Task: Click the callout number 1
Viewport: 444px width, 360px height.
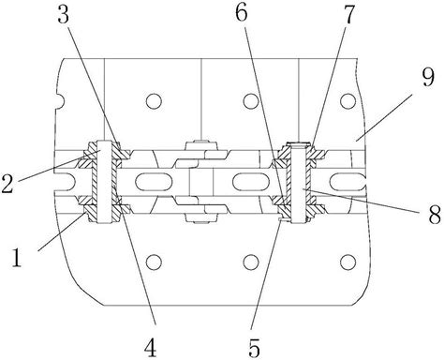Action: pyautogui.click(x=17, y=257)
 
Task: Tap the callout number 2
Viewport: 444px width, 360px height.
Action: pyautogui.click(x=7, y=184)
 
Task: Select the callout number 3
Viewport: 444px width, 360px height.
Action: pyautogui.click(x=63, y=14)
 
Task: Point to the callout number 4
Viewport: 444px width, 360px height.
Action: pyautogui.click(x=150, y=347)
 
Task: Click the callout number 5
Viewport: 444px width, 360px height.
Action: pyautogui.click(x=254, y=347)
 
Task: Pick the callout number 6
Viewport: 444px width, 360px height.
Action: pyautogui.click(x=241, y=12)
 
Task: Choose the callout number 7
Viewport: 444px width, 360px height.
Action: pyautogui.click(x=348, y=15)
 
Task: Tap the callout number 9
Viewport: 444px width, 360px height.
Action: pyautogui.click(x=428, y=78)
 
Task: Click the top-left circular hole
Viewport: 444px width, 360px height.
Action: pyautogui.click(x=154, y=101)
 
